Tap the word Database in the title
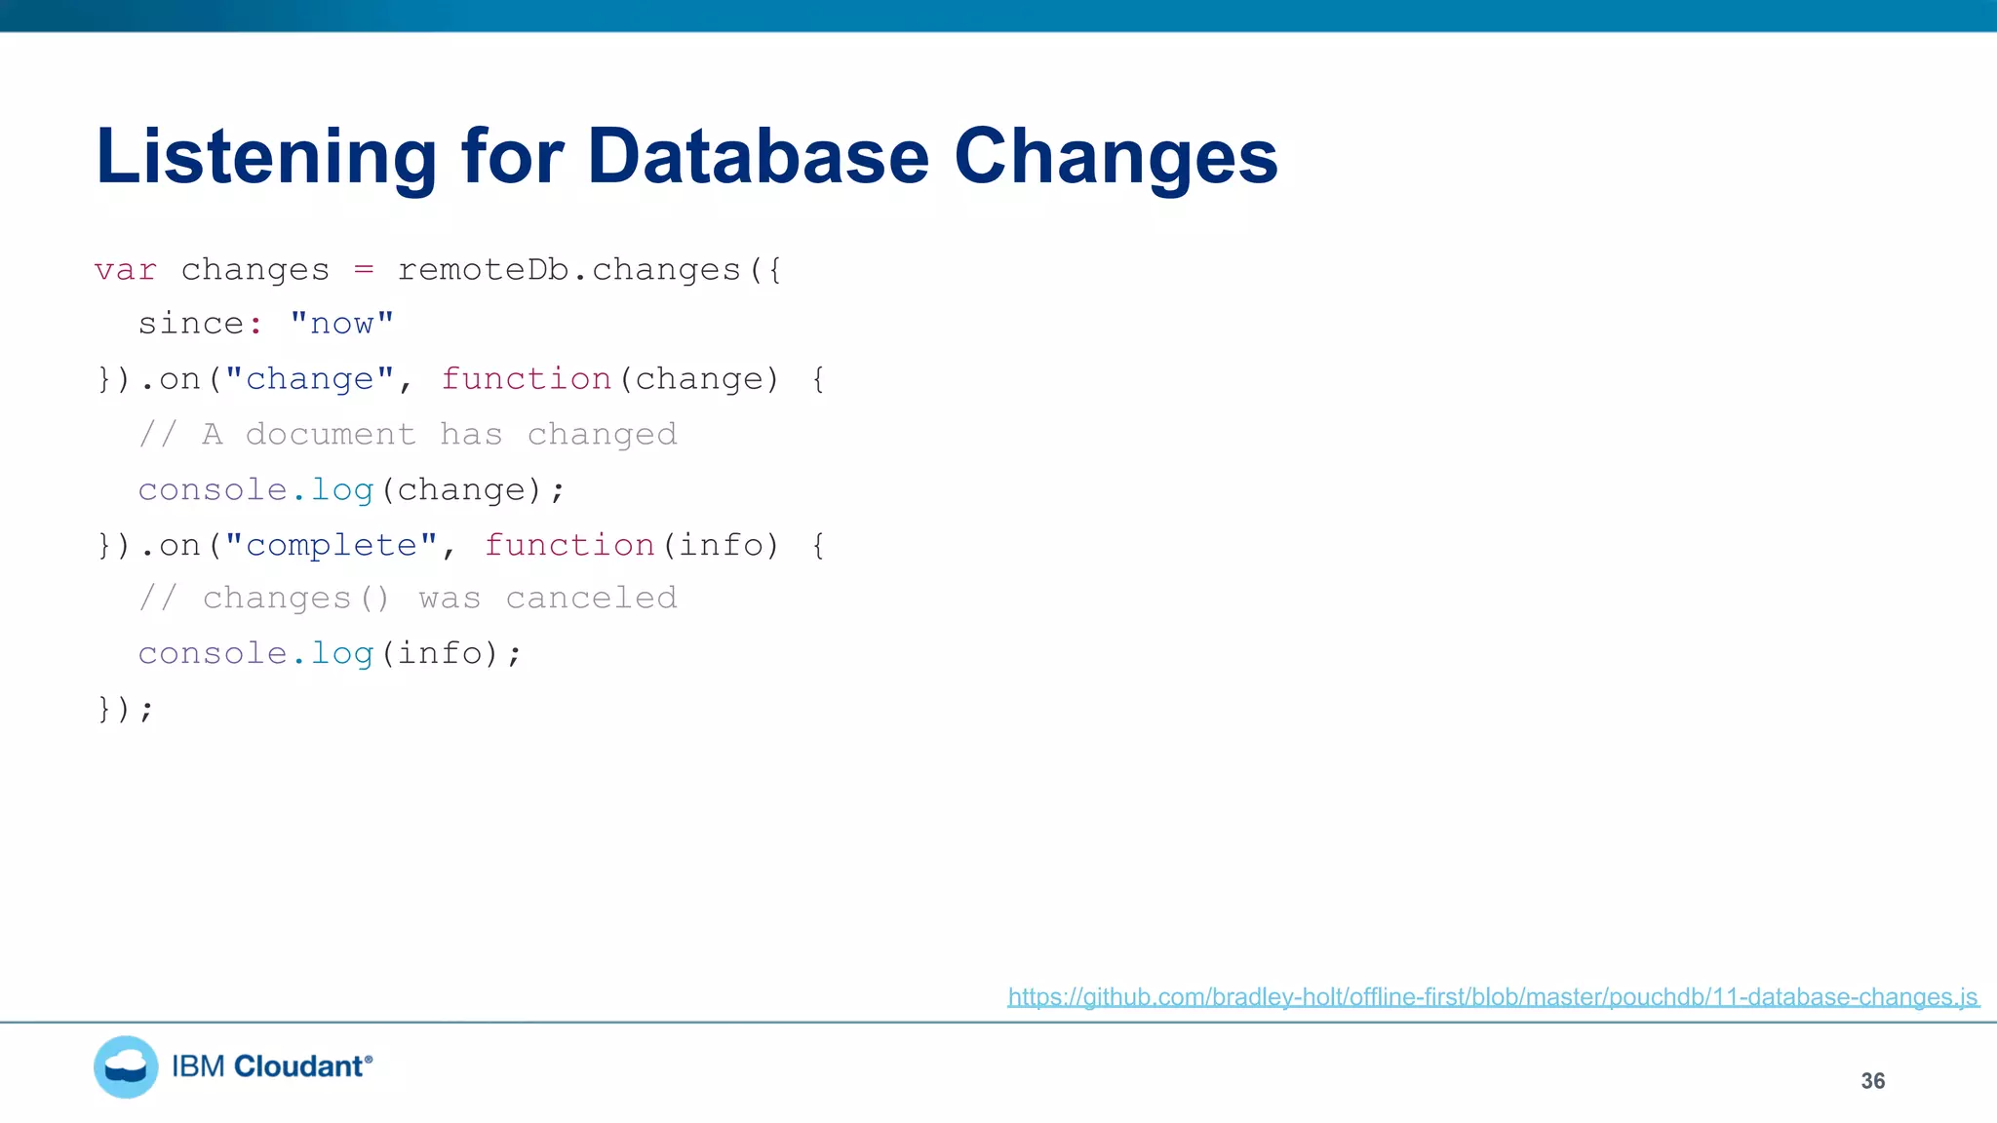tap(758, 158)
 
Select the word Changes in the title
tap(1115, 158)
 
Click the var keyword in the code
tap(125, 270)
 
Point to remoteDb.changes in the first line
tap(568, 270)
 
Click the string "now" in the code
tap(342, 324)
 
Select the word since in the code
tap(191, 324)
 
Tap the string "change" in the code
tap(310, 379)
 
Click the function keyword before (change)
tap(527, 379)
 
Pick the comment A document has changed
tap(408, 434)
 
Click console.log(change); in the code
tap(351, 489)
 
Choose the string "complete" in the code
tap(332, 545)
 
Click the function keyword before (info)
tap(569, 545)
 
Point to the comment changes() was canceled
tap(408, 598)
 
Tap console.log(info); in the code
tap(330, 653)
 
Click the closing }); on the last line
tap(125, 709)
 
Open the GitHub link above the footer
tap(1492, 997)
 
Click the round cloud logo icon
tap(126, 1067)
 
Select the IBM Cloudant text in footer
tap(271, 1066)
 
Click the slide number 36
tap(1872, 1081)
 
